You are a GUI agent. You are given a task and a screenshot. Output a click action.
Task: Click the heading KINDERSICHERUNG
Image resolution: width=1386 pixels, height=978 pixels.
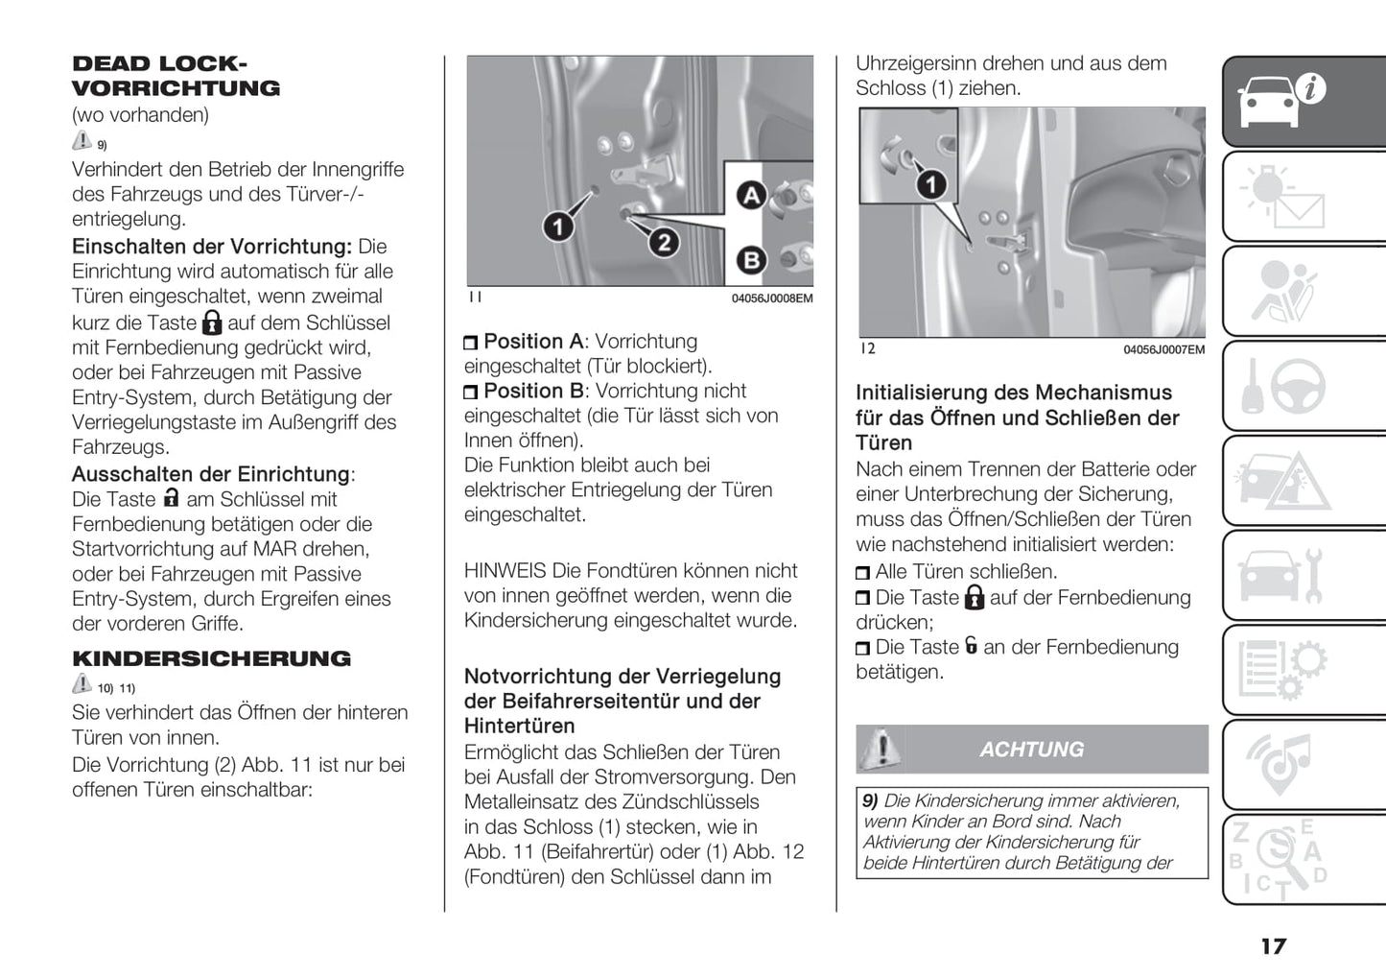[x=211, y=658]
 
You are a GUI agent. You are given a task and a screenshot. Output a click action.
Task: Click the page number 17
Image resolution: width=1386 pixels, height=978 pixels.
[x=1273, y=946]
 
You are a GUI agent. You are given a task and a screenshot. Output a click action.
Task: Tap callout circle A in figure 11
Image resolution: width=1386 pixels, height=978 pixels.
[x=751, y=196]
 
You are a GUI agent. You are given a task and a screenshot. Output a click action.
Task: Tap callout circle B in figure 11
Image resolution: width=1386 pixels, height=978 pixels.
[x=751, y=259]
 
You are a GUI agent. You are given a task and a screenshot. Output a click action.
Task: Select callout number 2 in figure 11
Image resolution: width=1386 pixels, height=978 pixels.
[x=664, y=242]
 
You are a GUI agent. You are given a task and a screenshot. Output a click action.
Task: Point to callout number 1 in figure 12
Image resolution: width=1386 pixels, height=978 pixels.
[x=930, y=183]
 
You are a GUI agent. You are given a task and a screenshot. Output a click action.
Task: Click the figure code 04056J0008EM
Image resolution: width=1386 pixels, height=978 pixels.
[x=771, y=298]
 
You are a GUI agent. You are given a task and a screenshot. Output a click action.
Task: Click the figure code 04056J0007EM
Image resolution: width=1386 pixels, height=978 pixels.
[x=1163, y=350]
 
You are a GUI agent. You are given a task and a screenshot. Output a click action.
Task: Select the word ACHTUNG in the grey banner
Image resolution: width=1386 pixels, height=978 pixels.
[x=1031, y=750]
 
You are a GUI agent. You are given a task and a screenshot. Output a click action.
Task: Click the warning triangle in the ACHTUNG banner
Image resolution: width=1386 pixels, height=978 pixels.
[x=880, y=749]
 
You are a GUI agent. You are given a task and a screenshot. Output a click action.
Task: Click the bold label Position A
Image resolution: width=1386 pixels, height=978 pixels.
[x=533, y=342]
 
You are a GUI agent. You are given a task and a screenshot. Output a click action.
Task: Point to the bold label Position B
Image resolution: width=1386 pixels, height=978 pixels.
[x=533, y=392]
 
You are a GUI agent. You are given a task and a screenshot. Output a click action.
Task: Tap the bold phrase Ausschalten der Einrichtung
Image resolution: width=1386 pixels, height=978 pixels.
[x=211, y=474]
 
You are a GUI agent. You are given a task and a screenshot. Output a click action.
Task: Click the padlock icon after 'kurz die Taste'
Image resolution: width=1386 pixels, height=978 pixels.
[x=212, y=322]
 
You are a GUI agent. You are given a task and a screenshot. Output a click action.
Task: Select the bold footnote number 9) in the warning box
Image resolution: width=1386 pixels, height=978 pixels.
[x=870, y=800]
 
